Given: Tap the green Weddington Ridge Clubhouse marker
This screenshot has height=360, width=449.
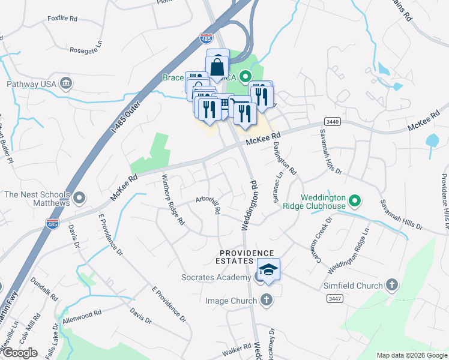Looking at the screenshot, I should click(x=354, y=201).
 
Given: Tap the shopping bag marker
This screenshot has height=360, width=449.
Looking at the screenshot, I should click(x=218, y=67).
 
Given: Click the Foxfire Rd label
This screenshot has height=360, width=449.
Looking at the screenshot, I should click(x=63, y=19).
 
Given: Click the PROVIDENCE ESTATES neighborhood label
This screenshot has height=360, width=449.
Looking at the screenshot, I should click(x=246, y=257).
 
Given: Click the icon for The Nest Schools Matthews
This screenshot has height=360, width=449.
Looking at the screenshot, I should click(x=80, y=197).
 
